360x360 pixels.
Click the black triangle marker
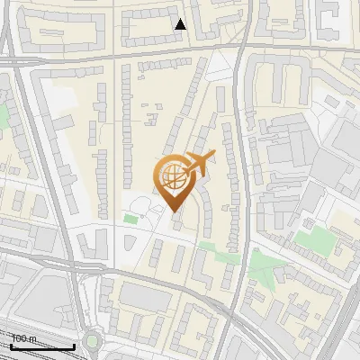181,24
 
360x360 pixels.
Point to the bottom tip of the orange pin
174,213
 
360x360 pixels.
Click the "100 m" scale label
24,338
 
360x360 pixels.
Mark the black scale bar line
43,346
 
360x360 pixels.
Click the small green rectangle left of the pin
131,219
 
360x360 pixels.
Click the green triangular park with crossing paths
263,265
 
